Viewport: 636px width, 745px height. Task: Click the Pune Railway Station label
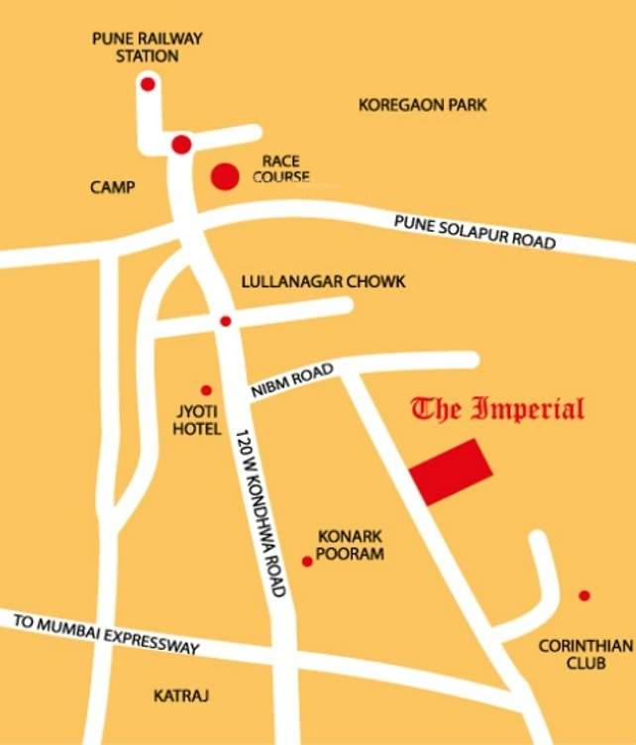(x=147, y=48)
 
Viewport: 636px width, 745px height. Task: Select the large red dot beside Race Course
(x=225, y=177)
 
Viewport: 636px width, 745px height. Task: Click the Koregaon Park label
(x=423, y=104)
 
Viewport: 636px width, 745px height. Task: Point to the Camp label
(x=112, y=187)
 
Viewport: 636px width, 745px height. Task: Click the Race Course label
(x=281, y=169)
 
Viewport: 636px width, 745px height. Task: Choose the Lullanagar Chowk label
(x=323, y=282)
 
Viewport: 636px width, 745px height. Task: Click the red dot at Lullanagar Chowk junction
(x=226, y=321)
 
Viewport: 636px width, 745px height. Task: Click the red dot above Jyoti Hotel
(x=206, y=390)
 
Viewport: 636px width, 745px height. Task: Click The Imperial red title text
(x=497, y=408)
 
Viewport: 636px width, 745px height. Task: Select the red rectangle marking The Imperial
(x=452, y=471)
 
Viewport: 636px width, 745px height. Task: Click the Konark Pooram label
(x=348, y=546)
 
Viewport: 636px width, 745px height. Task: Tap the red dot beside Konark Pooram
(x=307, y=562)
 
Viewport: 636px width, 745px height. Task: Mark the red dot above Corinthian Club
(x=584, y=595)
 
